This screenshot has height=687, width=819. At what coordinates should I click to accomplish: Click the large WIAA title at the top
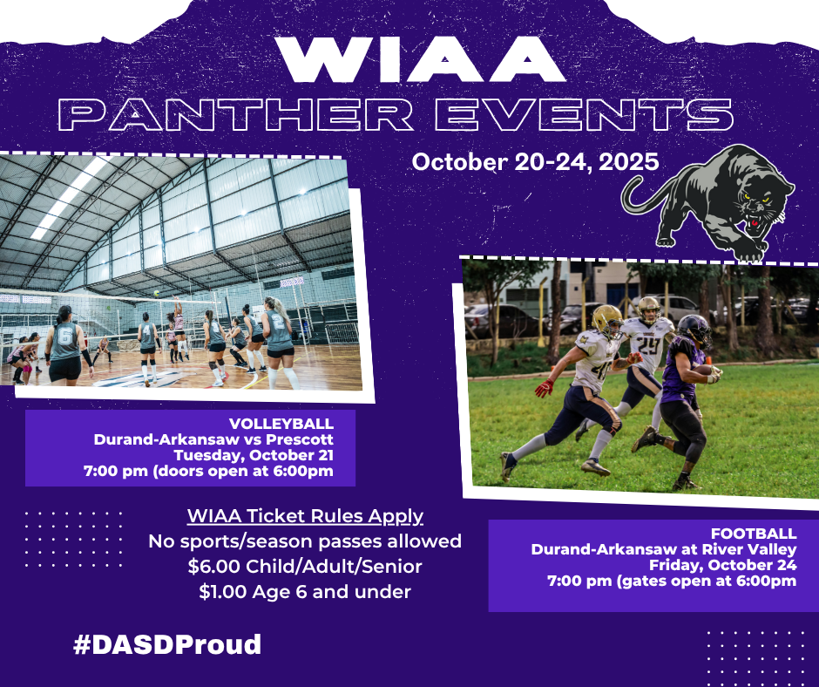421,59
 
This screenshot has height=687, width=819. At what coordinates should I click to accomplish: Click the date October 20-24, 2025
535,162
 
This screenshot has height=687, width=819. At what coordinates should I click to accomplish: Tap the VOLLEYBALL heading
281,424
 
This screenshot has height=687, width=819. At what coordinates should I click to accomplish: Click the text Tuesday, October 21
254,455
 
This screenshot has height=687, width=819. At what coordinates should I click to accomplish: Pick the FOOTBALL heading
754,534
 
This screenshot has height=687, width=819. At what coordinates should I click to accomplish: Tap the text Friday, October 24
723,565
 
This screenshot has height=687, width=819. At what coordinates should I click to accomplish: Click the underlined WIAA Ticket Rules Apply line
305,516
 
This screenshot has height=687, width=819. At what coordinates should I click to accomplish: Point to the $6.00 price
214,566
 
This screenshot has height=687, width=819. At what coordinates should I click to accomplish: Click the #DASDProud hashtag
167,644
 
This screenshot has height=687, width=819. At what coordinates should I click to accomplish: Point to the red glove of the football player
544,388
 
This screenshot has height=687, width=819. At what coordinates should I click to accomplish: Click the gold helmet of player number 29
649,309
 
